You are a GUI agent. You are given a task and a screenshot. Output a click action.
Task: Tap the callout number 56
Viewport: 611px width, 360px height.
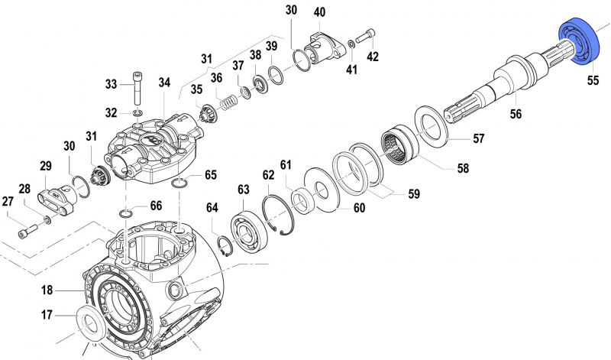click(516, 114)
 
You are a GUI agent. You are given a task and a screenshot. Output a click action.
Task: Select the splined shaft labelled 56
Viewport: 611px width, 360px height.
click(496, 81)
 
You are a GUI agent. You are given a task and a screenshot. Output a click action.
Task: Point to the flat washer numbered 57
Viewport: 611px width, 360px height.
click(433, 126)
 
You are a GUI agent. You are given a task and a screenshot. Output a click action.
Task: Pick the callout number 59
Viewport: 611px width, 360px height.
click(413, 194)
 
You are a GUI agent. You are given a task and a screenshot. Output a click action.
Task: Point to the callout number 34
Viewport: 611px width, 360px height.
click(164, 83)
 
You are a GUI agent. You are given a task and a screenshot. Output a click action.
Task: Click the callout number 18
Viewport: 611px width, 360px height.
click(47, 290)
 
